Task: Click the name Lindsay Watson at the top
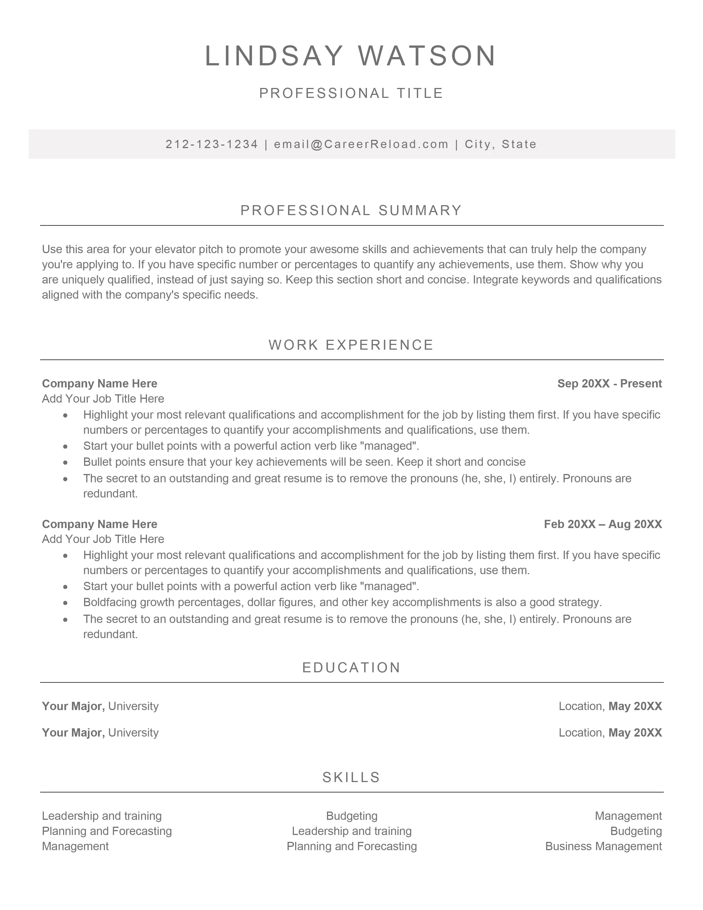[351, 56]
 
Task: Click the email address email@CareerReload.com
[361, 144]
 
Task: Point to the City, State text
[501, 144]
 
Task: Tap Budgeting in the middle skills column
[351, 816]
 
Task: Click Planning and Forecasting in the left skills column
[107, 831]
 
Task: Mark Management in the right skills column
[628, 816]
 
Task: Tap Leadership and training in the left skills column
[102, 816]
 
